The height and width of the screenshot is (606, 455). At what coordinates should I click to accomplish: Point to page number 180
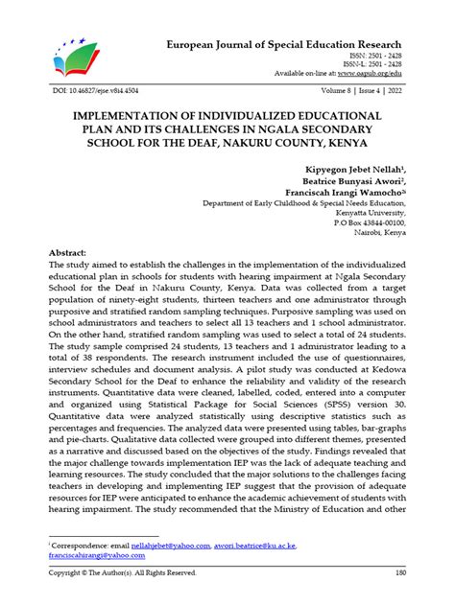coord(395,572)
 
